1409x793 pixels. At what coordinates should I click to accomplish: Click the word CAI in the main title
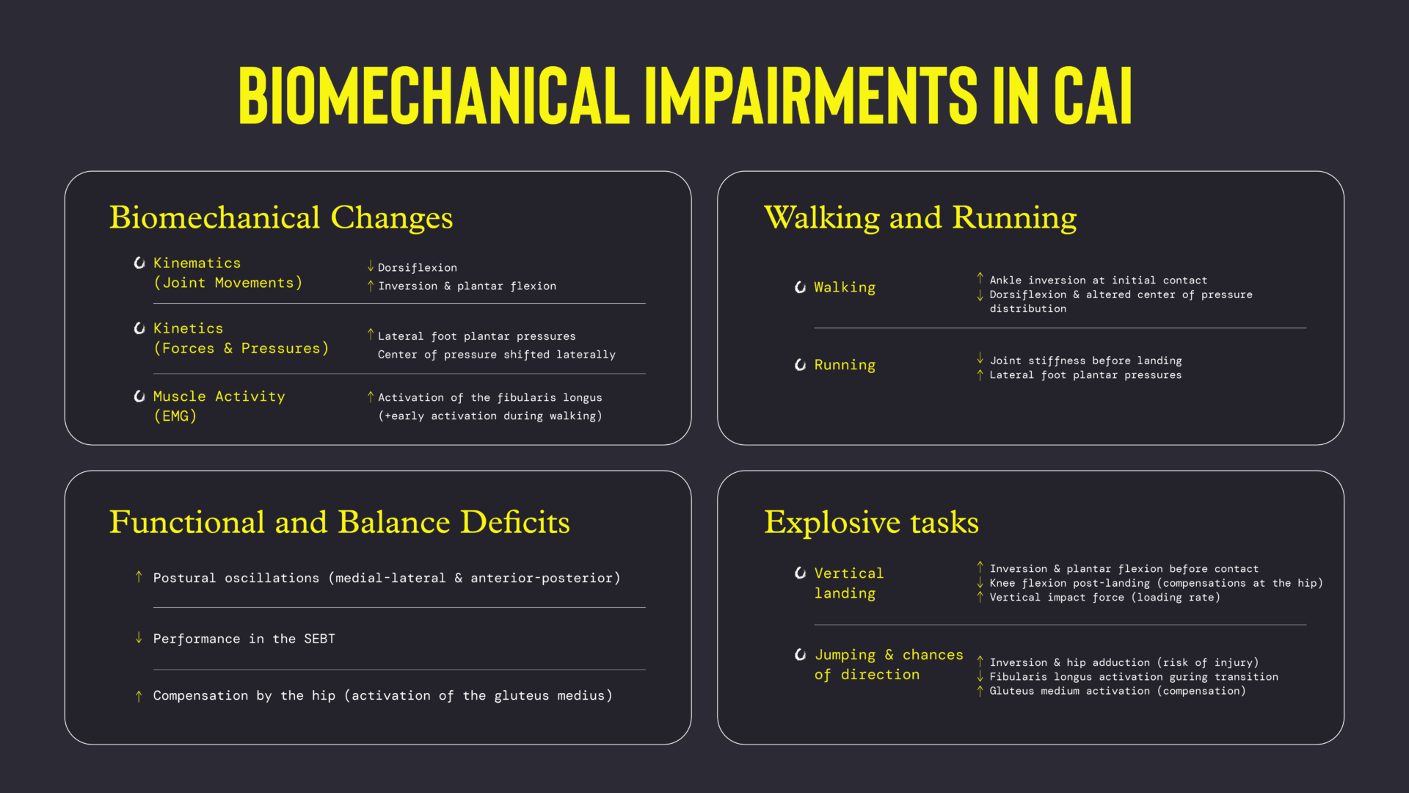pyautogui.click(x=1093, y=95)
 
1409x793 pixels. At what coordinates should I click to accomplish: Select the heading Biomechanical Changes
pyautogui.click(x=281, y=217)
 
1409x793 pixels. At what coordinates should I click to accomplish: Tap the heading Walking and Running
pyautogui.click(x=920, y=217)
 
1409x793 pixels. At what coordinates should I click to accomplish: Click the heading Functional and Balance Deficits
pyautogui.click(x=339, y=522)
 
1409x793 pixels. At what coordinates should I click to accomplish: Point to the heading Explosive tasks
pyautogui.click(x=871, y=522)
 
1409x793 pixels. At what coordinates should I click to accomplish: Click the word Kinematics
pyautogui.click(x=197, y=263)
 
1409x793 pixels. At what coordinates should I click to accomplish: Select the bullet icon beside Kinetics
pyautogui.click(x=139, y=328)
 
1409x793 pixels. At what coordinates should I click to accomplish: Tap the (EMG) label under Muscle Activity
pyautogui.click(x=175, y=416)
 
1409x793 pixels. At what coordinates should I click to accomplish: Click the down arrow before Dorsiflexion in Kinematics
pyautogui.click(x=371, y=266)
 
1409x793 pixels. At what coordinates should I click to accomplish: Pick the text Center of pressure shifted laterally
pyautogui.click(x=497, y=355)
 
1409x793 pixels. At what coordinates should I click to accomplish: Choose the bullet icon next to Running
pyautogui.click(x=800, y=365)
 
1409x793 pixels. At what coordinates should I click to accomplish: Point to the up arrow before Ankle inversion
pyautogui.click(x=980, y=278)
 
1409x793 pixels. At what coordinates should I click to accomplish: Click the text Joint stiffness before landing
pyautogui.click(x=1086, y=361)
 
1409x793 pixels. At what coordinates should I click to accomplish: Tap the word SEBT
pyautogui.click(x=319, y=639)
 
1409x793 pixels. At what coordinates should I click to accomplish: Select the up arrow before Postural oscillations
pyautogui.click(x=139, y=577)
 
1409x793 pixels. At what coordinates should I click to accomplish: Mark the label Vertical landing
pyautogui.click(x=849, y=583)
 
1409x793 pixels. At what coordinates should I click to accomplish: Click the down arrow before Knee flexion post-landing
pyautogui.click(x=980, y=583)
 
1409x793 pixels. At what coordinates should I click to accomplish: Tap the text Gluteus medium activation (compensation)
pyautogui.click(x=1118, y=691)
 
